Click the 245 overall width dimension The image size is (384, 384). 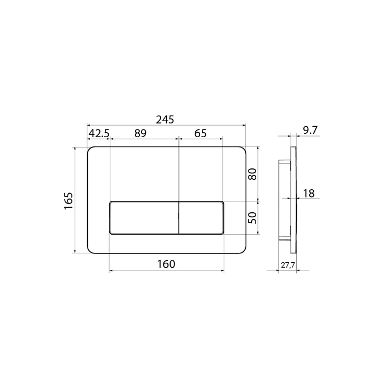click(165, 120)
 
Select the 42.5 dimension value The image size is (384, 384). click(99, 133)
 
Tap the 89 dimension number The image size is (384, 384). click(140, 133)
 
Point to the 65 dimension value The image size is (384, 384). click(200, 133)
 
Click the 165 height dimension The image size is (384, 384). click(69, 201)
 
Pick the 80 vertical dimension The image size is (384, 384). click(252, 174)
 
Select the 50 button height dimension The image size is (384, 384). click(252, 218)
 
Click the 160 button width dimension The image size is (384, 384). click(166, 264)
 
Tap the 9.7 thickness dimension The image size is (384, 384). click(310, 131)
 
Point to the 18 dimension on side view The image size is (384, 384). click(309, 194)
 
